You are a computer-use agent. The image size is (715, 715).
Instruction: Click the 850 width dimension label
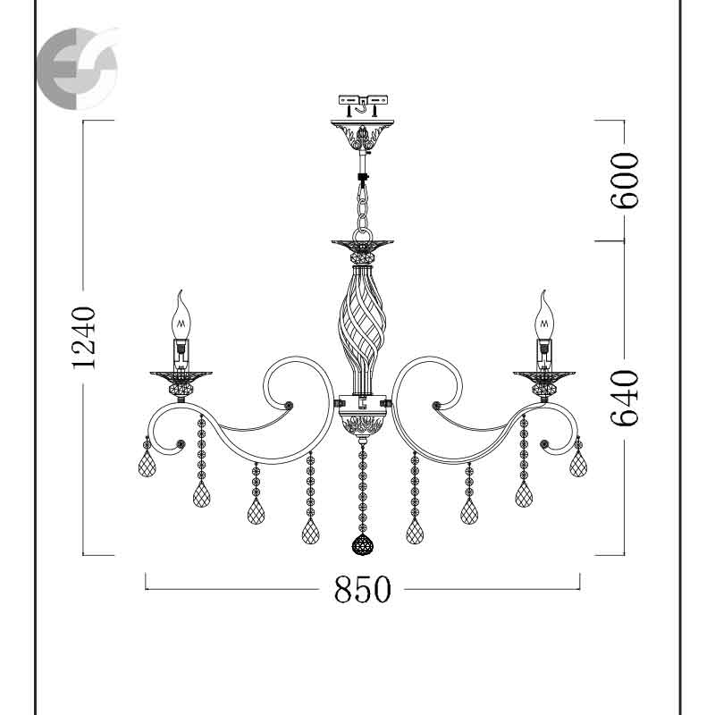coord(363,589)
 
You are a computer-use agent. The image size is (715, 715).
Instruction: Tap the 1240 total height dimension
coord(84,338)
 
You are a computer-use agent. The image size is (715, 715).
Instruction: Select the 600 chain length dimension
coord(625,181)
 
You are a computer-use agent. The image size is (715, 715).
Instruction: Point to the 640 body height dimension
coord(625,398)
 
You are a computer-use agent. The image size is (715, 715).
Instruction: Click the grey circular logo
coord(77,69)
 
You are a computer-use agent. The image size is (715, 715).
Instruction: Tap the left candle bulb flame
coord(181,315)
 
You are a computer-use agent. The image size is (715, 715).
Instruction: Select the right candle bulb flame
coord(544,315)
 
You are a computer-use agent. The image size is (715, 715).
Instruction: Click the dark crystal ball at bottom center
coord(363,544)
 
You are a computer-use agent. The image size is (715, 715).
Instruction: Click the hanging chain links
coord(363,206)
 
